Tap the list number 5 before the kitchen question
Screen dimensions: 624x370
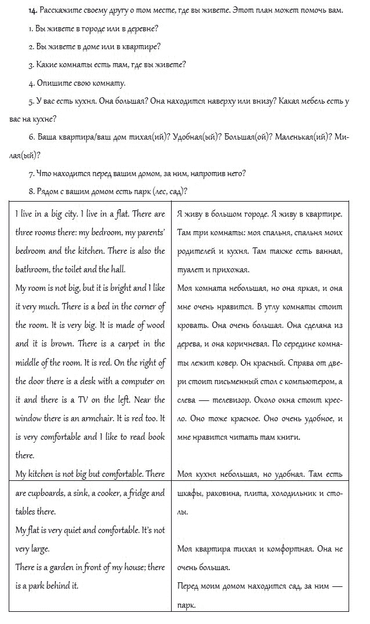coord(30,101)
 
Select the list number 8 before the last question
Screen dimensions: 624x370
coord(30,191)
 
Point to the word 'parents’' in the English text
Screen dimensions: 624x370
coord(148,232)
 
